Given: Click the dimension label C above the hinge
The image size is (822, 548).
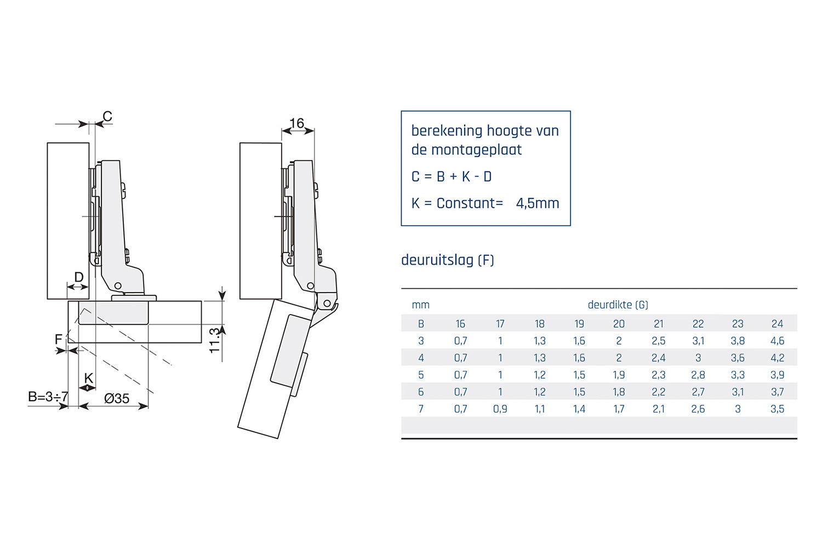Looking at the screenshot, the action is [x=107, y=116].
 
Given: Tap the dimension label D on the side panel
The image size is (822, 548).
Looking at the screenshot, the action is [x=79, y=277].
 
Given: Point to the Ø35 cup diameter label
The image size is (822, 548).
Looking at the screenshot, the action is [x=117, y=398].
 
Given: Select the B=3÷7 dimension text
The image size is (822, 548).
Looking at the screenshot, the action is [x=48, y=396].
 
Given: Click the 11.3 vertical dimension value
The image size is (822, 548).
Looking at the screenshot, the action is [x=214, y=341].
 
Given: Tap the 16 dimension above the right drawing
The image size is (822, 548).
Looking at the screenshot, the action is [x=297, y=123].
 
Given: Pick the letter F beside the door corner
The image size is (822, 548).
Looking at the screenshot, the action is [x=58, y=339].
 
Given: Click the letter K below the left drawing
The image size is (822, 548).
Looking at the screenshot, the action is [x=88, y=378].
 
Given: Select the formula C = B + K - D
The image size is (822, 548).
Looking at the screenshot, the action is [x=452, y=176].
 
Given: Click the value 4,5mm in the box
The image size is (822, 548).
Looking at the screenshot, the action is [x=538, y=203].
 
